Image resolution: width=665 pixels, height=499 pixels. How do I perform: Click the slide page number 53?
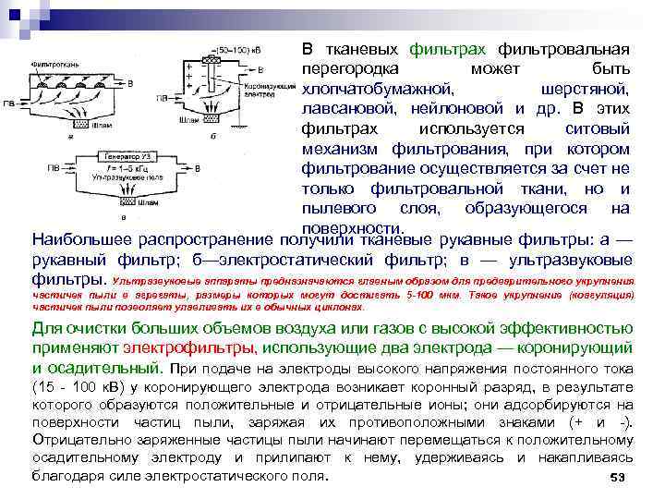[619, 478]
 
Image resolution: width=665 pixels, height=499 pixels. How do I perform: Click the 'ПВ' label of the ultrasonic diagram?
[54, 169]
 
